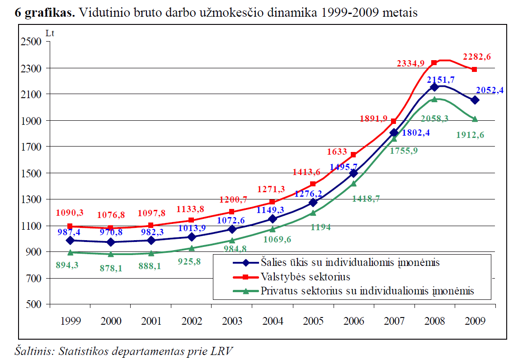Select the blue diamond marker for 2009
[x=475, y=100]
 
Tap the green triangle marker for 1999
[x=70, y=252]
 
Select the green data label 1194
[x=320, y=227]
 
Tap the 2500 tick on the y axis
[x=31, y=42]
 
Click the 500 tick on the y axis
[x=33, y=304]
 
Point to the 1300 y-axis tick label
[x=31, y=199]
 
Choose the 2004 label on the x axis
[x=273, y=321]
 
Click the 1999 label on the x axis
[x=70, y=321]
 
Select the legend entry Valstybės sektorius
[x=305, y=276]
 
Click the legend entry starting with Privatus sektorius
[x=367, y=291]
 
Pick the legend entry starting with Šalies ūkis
[x=350, y=262]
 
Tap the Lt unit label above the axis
[x=50, y=33]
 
